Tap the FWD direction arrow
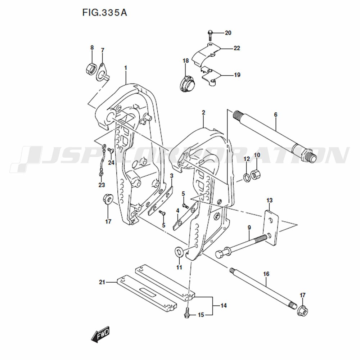(100, 335)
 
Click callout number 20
(228, 33)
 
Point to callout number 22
(237, 48)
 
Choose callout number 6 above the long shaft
(275, 114)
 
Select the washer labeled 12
(246, 177)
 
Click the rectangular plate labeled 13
(272, 227)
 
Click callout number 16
(266, 274)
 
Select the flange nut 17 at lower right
(302, 311)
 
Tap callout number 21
(102, 283)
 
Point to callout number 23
(102, 185)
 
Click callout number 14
(224, 306)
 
